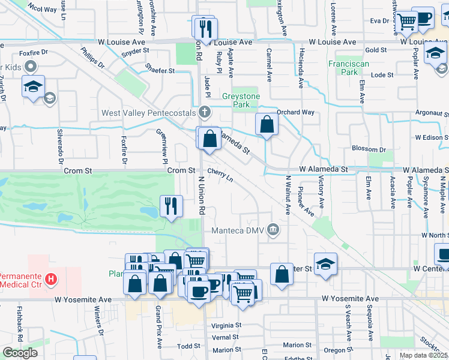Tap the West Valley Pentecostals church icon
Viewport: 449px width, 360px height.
coord(205,112)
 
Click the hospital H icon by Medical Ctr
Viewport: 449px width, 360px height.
coord(52,278)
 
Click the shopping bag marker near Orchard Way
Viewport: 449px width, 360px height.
coord(267,125)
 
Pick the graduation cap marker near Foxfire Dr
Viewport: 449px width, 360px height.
coord(33,87)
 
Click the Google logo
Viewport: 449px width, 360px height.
coord(20,353)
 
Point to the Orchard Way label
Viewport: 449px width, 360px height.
coord(296,112)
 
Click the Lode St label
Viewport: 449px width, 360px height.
coord(382,75)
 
